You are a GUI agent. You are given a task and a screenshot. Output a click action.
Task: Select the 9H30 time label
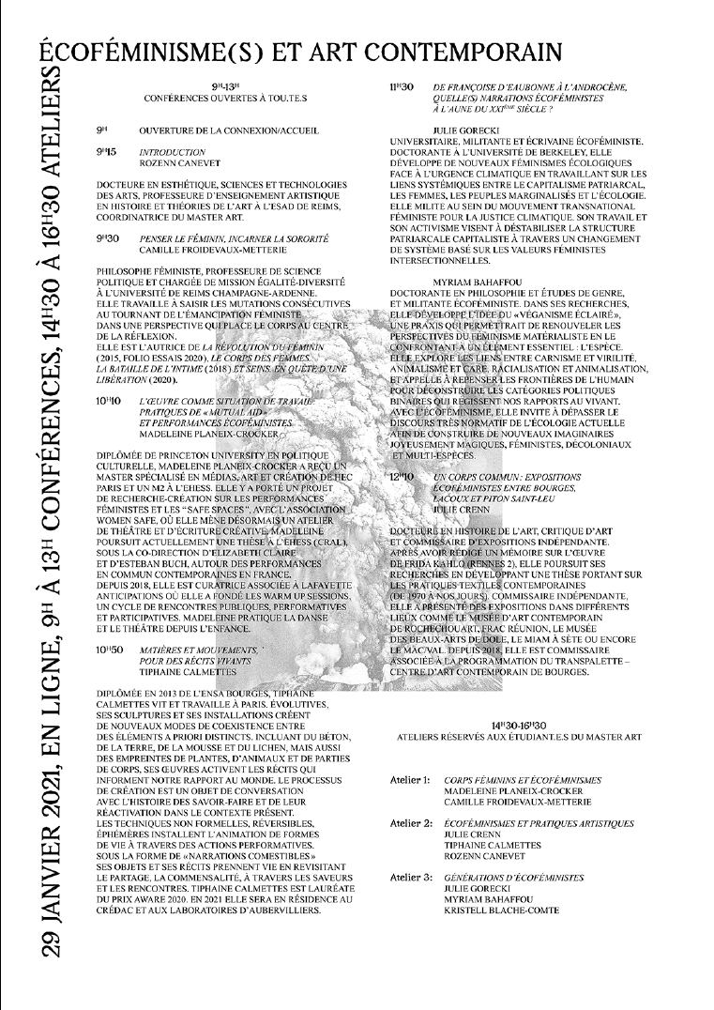[x=107, y=239]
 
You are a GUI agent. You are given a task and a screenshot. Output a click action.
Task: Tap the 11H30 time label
[x=403, y=87]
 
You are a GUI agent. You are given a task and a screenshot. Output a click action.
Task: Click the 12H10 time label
[x=402, y=478]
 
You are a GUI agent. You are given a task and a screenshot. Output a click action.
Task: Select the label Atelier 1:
[x=410, y=780]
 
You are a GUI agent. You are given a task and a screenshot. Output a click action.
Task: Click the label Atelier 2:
[x=411, y=823]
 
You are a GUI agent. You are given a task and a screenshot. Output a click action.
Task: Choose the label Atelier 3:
[x=411, y=878]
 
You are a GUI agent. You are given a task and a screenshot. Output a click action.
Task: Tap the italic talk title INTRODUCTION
[x=172, y=151]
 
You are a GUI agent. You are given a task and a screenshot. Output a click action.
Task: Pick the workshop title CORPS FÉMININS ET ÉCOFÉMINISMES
[x=523, y=780]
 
